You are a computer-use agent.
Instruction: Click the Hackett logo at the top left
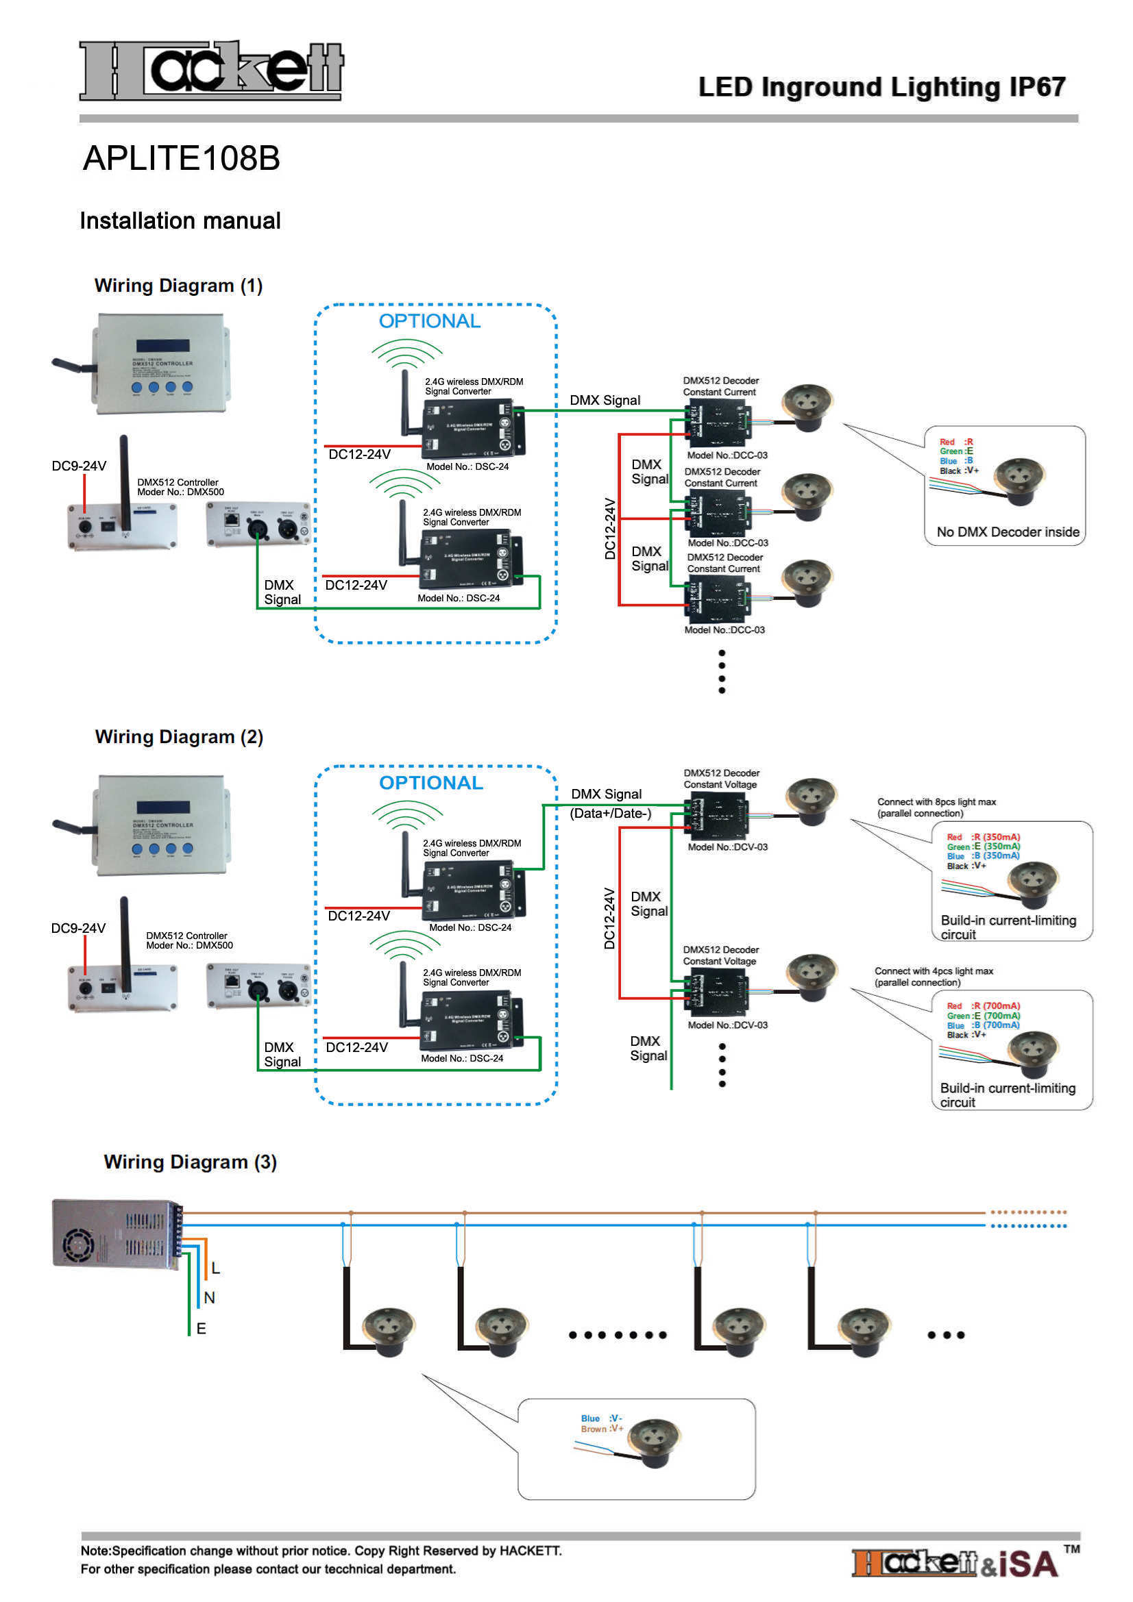point(211,70)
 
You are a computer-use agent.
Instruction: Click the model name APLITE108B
point(182,158)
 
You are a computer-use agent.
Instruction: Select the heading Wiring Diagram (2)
point(179,737)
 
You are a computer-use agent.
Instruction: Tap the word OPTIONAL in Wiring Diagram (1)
point(429,321)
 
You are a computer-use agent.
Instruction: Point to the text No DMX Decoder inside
point(1008,531)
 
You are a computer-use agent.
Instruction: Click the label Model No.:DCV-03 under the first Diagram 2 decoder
point(727,847)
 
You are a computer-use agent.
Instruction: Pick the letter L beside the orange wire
point(216,1268)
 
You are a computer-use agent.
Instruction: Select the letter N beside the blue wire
point(210,1298)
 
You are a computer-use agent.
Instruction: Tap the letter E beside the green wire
point(201,1329)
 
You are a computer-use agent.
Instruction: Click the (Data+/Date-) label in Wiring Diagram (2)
point(610,813)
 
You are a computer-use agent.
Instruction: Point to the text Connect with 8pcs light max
point(936,802)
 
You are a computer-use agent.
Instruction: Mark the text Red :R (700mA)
point(983,1005)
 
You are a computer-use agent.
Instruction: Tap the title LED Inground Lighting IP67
point(881,87)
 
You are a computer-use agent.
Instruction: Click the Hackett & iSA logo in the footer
point(955,1564)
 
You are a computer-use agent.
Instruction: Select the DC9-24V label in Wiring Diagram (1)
point(79,466)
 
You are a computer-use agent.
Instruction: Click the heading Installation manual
point(180,221)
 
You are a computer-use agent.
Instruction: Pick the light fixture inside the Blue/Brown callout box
point(653,1442)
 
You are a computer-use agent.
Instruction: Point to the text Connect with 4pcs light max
point(934,971)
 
